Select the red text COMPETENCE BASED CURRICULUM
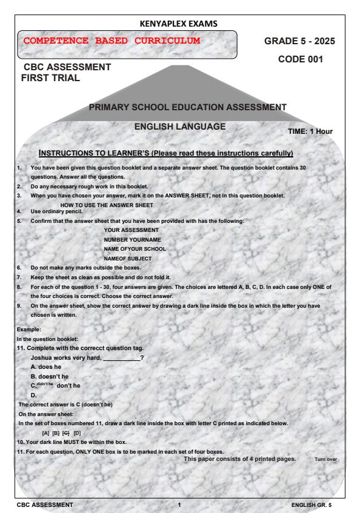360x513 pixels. [x=111, y=41]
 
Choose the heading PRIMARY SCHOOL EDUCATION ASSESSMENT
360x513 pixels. [x=187, y=107]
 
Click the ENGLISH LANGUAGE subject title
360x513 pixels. [x=179, y=127]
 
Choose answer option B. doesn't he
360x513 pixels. [x=58, y=376]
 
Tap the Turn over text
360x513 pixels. [x=326, y=460]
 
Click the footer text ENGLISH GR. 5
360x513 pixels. [x=312, y=504]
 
